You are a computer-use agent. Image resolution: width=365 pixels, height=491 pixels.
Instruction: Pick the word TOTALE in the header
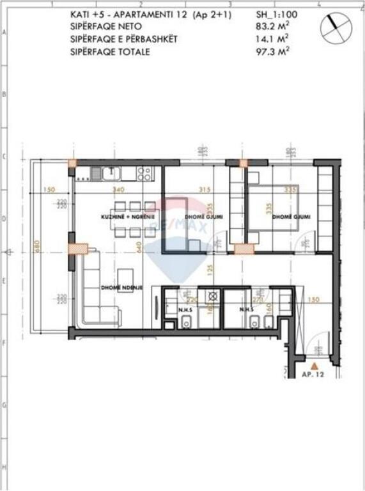[x=133, y=51]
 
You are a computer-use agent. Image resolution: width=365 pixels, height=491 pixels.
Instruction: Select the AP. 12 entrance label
[x=315, y=375]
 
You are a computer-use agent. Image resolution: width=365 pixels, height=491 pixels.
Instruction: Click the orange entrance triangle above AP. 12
[x=314, y=365]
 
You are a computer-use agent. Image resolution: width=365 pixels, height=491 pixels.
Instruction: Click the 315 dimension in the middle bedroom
[x=205, y=190]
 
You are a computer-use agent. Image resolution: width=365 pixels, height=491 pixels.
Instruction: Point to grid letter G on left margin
[x=4, y=405]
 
